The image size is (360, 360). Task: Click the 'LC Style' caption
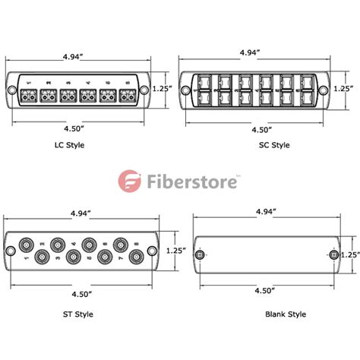(x=71, y=144)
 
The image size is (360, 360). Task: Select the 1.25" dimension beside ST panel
(x=175, y=249)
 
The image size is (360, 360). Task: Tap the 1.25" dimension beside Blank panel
(x=349, y=255)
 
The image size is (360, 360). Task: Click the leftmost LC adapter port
(x=31, y=96)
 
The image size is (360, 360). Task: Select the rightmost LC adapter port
(x=127, y=96)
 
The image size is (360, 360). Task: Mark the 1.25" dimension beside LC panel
(x=162, y=88)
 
